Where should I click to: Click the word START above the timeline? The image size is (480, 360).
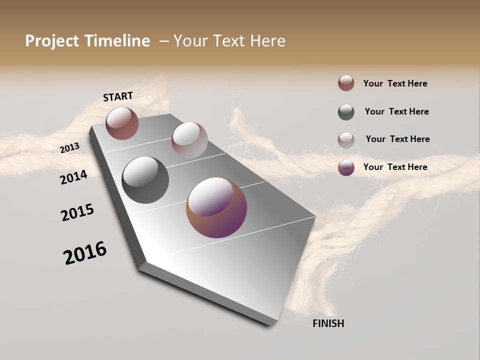[x=118, y=96]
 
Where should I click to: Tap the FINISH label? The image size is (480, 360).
[x=328, y=323]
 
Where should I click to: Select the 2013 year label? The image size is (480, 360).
[x=69, y=148]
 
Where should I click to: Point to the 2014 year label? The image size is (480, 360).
[x=73, y=177]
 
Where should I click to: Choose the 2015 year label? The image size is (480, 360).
[x=77, y=212]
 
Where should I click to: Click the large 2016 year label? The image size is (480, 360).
[x=85, y=253]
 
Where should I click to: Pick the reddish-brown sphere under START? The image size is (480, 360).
[x=122, y=123]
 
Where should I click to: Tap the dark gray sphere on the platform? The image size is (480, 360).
[x=145, y=180]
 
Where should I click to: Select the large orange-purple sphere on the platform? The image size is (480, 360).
[x=216, y=207]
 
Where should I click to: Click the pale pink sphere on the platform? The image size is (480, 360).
[x=189, y=140]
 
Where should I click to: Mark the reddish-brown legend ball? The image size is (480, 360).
[x=346, y=83]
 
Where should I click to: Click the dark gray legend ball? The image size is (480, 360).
[x=346, y=112]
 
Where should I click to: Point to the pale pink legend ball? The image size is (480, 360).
[x=346, y=140]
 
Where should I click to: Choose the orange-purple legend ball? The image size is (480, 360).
[x=346, y=167]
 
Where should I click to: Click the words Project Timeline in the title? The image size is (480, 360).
[x=87, y=41]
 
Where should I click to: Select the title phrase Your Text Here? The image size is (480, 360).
[x=229, y=41]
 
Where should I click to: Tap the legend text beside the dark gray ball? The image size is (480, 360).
[x=396, y=111]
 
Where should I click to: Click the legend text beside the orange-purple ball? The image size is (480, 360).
[x=395, y=167]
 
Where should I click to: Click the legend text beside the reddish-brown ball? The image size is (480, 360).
[x=395, y=83]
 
